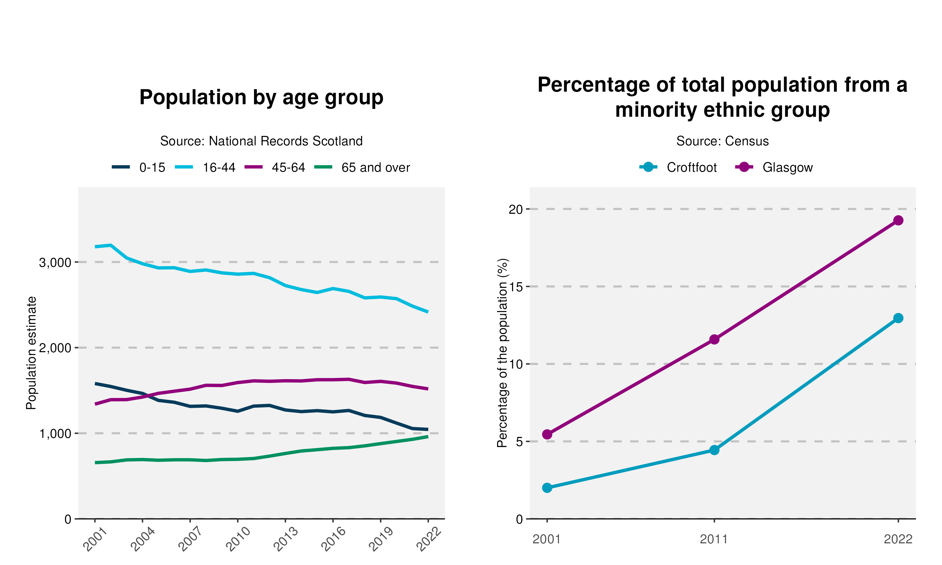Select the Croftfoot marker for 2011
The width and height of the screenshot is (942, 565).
(714, 450)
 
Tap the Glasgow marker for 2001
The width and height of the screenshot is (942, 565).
(547, 434)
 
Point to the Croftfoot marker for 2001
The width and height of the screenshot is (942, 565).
(547, 488)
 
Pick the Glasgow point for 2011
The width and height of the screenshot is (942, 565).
(714, 339)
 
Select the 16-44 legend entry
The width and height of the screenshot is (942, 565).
(219, 168)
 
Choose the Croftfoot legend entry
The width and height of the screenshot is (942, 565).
(691, 168)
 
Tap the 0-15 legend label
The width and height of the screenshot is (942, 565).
(152, 168)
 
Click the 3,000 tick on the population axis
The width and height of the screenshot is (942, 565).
(55, 262)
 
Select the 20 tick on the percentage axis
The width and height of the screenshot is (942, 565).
(516, 209)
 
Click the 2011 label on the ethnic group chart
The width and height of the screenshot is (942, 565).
(714, 540)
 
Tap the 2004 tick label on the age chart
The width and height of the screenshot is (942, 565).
(143, 540)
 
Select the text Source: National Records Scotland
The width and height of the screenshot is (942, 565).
(261, 141)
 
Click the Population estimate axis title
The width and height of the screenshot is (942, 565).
(31, 353)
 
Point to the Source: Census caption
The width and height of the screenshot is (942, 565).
(722, 141)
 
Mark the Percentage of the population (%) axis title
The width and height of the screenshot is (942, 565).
(503, 353)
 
